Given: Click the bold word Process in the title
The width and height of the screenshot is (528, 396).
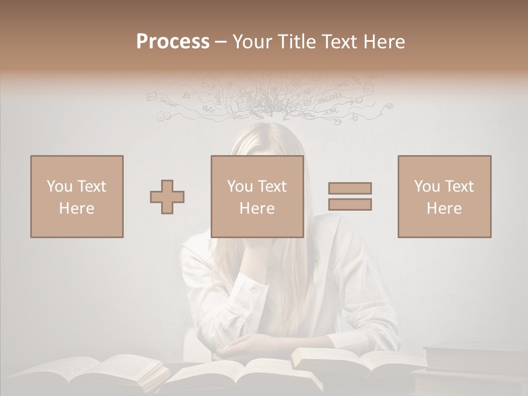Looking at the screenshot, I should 173,42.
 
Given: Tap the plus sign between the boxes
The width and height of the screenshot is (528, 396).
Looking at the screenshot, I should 167,197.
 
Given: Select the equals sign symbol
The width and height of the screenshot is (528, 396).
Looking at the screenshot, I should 350,196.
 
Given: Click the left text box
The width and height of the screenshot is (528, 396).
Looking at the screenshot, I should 77,196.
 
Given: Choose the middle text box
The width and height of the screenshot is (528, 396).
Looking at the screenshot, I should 257,196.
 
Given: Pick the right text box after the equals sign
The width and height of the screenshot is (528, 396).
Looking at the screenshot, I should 444,196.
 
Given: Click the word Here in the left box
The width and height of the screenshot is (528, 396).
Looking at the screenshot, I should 76,208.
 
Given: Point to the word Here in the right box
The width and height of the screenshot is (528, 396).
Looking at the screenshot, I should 444,208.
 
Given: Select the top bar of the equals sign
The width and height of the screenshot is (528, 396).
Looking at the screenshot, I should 350,188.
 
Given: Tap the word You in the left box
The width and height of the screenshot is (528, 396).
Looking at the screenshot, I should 59,186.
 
